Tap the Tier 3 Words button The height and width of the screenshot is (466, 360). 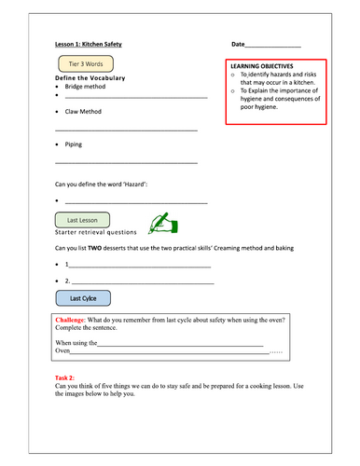[x=85, y=64]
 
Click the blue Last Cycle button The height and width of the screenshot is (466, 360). [x=83, y=298]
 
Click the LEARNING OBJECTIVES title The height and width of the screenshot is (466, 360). [x=262, y=68]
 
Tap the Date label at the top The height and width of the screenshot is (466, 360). [x=238, y=45]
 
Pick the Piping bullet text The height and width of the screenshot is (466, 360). [x=74, y=145]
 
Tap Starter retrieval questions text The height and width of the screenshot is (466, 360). [x=96, y=232]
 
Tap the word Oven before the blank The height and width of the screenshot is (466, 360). [x=63, y=351]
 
